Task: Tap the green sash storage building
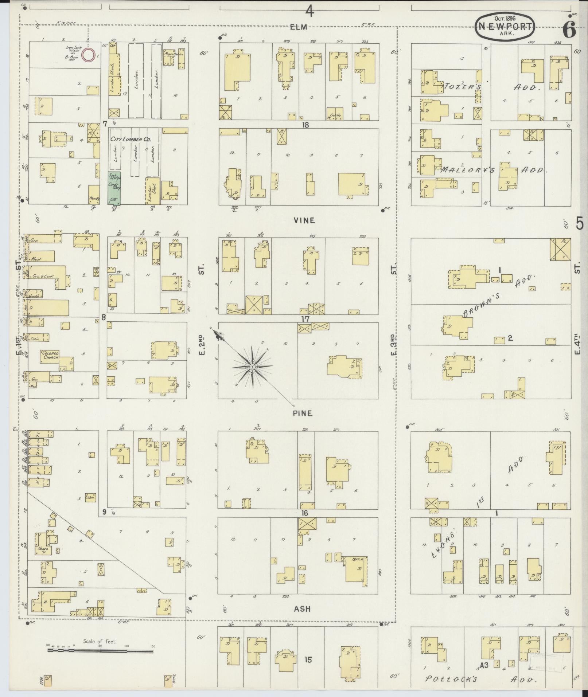click(114, 188)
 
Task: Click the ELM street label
click(299, 26)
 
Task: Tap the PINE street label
click(303, 413)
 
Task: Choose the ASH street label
click(303, 609)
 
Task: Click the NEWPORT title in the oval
click(505, 26)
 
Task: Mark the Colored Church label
click(50, 355)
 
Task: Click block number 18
click(305, 125)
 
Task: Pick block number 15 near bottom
click(308, 659)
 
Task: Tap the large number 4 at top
click(309, 12)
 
